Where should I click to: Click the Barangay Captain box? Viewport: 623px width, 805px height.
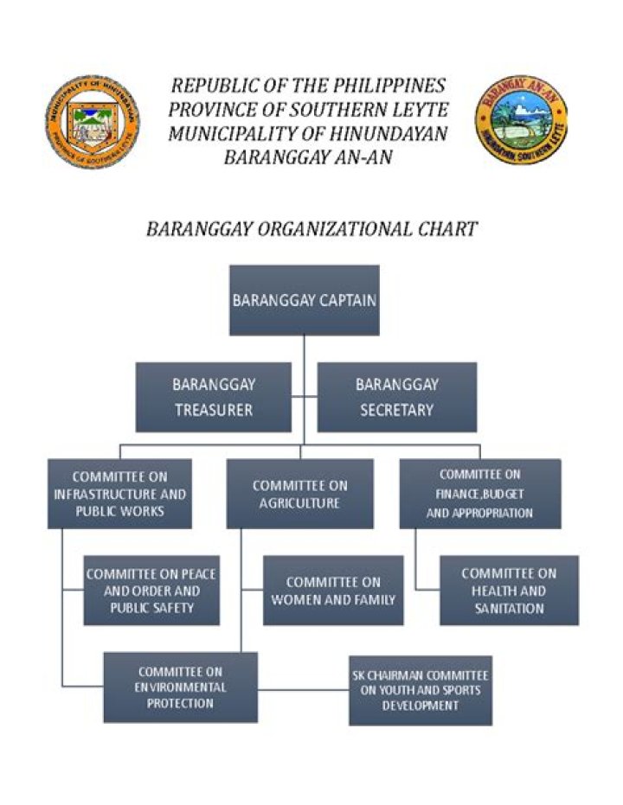click(x=304, y=300)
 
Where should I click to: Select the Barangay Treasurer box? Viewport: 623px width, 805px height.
click(x=213, y=397)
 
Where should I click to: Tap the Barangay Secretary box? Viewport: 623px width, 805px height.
click(x=396, y=397)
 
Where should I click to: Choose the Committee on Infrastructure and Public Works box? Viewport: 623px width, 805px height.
click(x=119, y=494)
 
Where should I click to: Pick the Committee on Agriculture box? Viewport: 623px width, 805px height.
click(x=299, y=494)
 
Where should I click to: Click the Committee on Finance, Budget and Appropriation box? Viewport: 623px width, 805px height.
click(x=479, y=494)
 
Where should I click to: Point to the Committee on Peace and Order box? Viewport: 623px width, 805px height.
click(x=151, y=591)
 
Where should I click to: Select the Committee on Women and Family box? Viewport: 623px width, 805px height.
click(x=333, y=591)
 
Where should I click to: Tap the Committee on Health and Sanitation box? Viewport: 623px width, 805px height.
click(x=509, y=591)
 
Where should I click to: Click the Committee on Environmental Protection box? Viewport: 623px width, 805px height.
click(x=180, y=687)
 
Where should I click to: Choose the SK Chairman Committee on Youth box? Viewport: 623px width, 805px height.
click(x=421, y=691)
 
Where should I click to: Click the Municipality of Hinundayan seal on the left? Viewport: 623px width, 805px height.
click(x=91, y=122)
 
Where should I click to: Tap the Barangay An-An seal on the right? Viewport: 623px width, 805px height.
click(x=520, y=120)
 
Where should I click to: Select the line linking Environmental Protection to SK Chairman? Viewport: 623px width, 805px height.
click(x=303, y=690)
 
